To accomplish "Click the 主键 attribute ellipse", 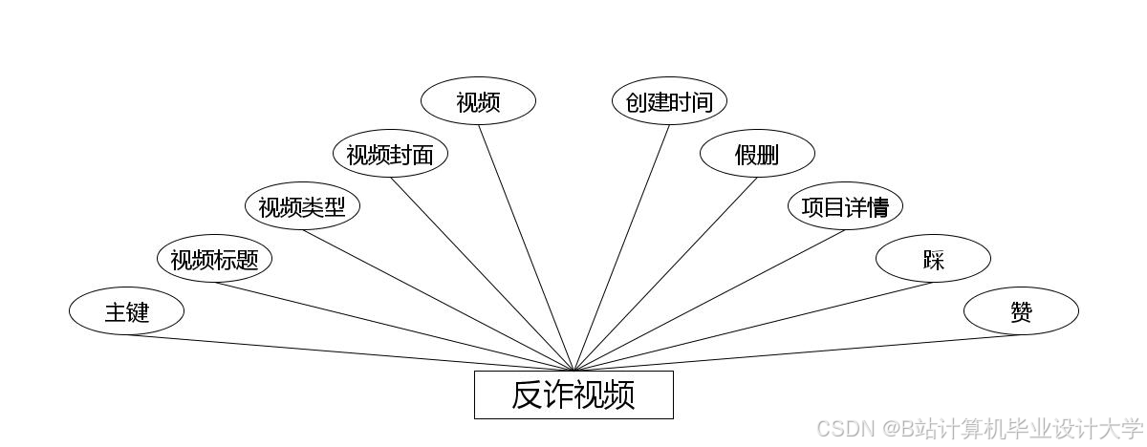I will click(126, 311).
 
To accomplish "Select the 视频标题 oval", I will click(214, 259).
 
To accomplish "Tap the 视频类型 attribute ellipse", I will click(302, 206).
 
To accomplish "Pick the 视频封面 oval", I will click(390, 154).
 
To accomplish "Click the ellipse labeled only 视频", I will click(478, 101).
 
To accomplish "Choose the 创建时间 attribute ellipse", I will click(669, 101).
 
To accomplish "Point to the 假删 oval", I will click(757, 154).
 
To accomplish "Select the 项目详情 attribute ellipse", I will click(845, 206).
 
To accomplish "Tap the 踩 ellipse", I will click(933, 259).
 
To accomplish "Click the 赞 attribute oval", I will click(1021, 311).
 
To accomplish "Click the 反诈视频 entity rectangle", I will click(573, 394).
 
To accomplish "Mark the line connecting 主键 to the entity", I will click(350, 352).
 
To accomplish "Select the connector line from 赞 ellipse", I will click(797, 352).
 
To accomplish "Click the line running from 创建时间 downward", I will click(621, 247).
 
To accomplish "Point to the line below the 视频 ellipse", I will click(526, 247).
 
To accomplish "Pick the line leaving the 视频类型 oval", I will click(438, 300).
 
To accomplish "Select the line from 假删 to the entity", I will click(665, 274).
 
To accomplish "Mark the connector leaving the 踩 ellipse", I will click(753, 327).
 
